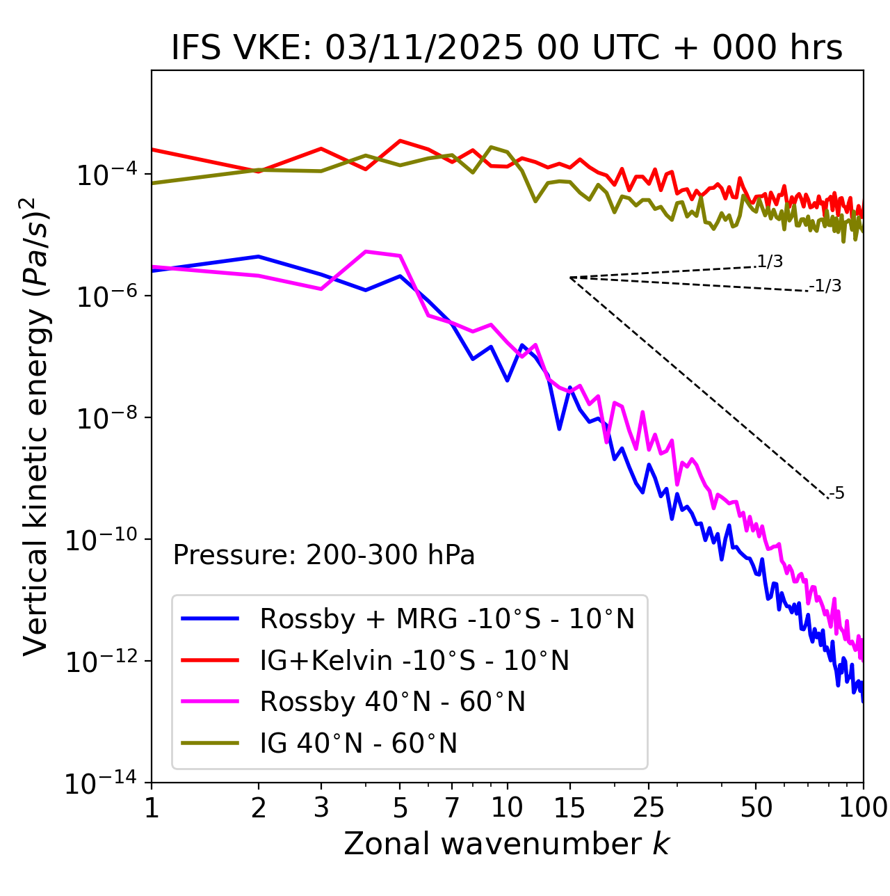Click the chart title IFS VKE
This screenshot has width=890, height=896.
click(x=507, y=49)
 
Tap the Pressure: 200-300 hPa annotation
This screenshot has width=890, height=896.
click(x=324, y=555)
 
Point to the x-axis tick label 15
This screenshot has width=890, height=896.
click(x=569, y=807)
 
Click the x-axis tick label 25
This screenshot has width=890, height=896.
click(x=649, y=807)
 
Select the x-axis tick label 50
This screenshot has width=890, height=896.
click(x=756, y=807)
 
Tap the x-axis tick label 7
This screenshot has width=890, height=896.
click(x=452, y=807)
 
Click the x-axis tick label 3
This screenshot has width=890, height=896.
click(x=321, y=807)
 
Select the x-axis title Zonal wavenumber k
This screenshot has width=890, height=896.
click(x=507, y=844)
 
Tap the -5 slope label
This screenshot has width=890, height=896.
click(x=836, y=494)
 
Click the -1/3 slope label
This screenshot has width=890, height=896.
click(x=825, y=286)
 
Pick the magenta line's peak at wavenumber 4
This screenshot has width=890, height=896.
click(x=366, y=251)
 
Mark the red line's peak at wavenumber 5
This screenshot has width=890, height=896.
click(x=400, y=141)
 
